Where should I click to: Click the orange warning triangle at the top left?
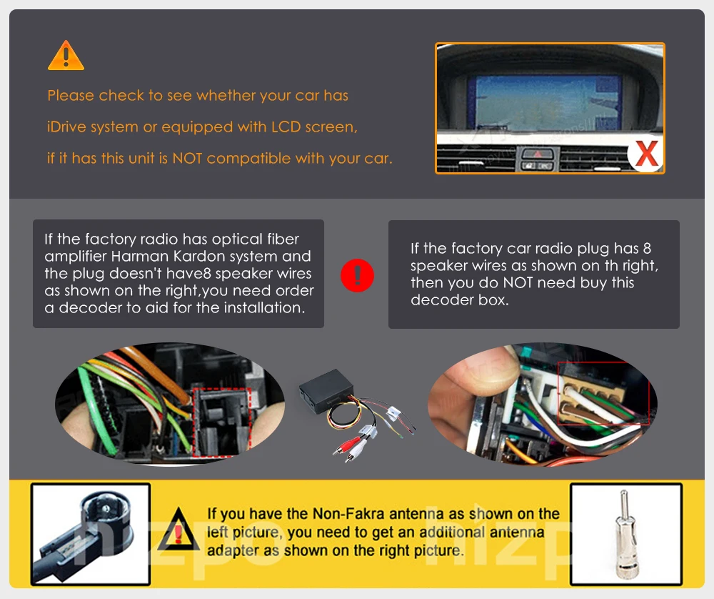coord(66,56)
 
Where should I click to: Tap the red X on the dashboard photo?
coord(647,154)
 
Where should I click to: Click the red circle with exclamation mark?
coord(356,275)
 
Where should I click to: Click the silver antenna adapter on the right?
coord(625,533)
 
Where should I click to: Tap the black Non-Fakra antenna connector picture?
coord(91,533)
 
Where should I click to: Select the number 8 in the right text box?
coord(647,249)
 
